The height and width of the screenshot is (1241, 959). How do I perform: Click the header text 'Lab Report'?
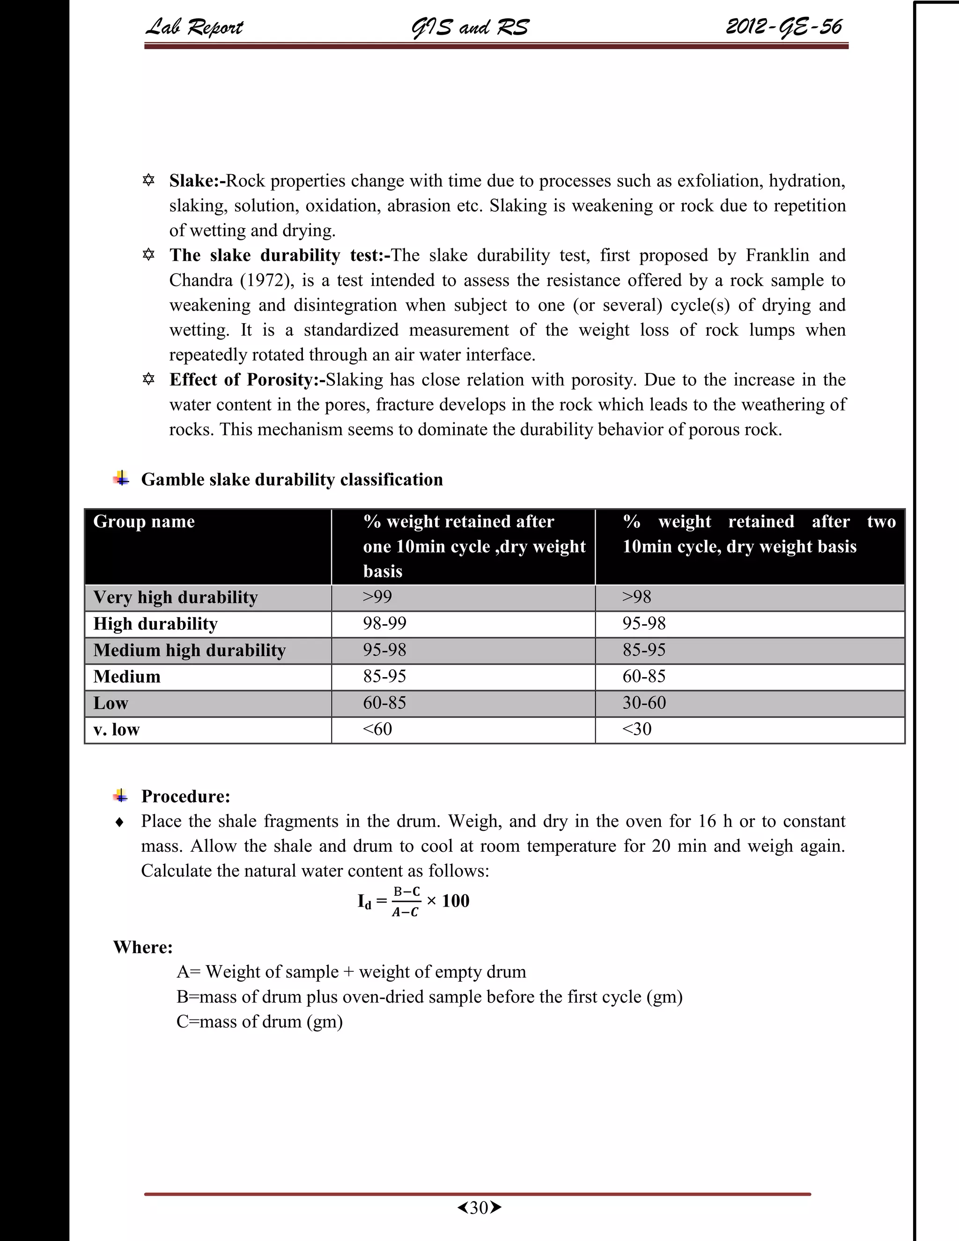click(194, 27)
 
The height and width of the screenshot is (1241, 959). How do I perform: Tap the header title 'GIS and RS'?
click(469, 27)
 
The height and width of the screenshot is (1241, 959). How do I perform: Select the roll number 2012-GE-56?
click(783, 27)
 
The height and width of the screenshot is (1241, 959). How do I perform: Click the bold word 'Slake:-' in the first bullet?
click(197, 181)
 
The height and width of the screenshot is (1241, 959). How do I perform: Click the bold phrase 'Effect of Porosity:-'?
click(247, 380)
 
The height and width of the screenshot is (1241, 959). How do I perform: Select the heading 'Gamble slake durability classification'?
click(291, 480)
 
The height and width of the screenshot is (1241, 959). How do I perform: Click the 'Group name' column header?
click(144, 521)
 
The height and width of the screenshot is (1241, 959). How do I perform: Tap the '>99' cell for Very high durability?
click(377, 597)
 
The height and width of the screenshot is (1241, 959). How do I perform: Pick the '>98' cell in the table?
click(636, 597)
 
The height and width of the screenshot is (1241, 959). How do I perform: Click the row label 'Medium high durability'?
click(189, 650)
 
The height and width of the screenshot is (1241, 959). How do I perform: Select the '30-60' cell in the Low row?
click(644, 703)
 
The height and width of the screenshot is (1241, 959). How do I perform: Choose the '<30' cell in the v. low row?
click(636, 729)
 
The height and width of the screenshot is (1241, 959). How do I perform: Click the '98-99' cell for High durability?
click(384, 623)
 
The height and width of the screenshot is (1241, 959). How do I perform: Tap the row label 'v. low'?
click(116, 730)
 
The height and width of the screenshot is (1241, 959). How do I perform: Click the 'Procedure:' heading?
click(185, 796)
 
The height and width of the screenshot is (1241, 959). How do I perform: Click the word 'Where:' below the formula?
click(143, 947)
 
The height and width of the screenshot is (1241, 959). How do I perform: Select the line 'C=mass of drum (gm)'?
click(259, 1022)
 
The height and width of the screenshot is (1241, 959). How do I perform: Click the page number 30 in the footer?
click(479, 1207)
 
